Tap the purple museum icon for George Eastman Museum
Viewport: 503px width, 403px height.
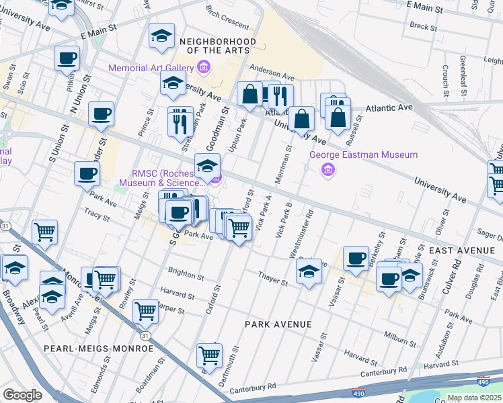(328, 169)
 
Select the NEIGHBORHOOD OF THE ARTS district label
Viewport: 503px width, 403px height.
(217, 46)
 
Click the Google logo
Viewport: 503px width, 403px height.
(22, 394)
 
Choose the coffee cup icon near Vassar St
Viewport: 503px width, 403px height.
(356, 257)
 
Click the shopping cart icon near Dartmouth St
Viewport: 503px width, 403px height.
(210, 354)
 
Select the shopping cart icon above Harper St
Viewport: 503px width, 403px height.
(146, 310)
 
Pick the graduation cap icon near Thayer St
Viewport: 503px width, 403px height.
(308, 271)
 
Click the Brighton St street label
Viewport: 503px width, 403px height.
(186, 276)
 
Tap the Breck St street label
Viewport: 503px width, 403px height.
(424, 27)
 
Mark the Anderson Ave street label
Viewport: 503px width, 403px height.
(272, 73)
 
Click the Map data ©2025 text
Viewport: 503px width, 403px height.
(474, 398)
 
